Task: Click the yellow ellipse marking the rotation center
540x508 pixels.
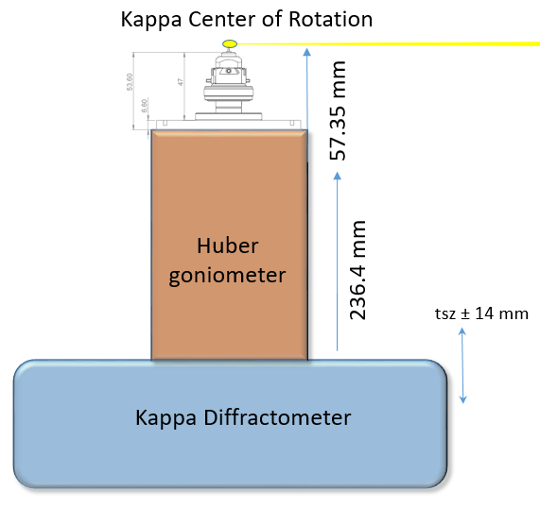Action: (x=229, y=43)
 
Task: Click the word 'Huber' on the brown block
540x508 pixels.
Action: (x=228, y=246)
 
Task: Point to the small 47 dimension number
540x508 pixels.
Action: (x=181, y=83)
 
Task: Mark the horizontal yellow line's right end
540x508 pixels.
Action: (x=537, y=42)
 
